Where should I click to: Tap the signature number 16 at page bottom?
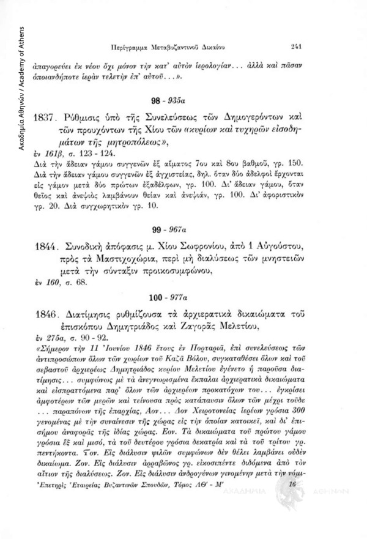291,500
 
